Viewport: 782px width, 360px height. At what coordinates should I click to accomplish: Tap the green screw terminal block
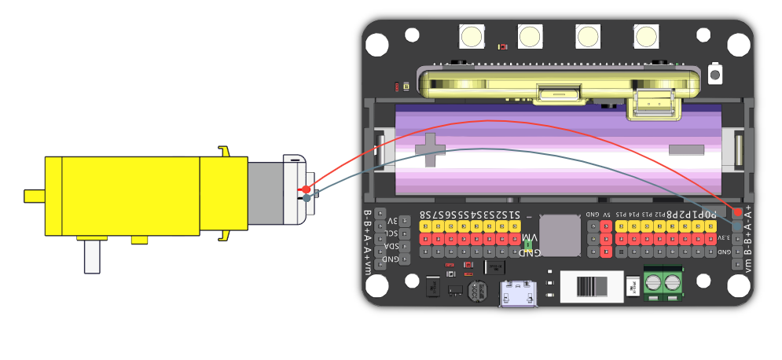pos(662,284)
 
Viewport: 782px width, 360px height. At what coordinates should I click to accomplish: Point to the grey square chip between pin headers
pos(560,235)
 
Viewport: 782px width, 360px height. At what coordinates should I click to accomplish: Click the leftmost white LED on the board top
pos(472,37)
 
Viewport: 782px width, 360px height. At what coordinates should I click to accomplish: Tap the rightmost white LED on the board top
pos(645,37)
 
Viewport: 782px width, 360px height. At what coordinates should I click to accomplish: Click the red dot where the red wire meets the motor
pos(306,189)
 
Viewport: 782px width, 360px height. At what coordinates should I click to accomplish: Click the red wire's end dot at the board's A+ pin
pos(737,212)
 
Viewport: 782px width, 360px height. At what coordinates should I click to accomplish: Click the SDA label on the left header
pos(391,246)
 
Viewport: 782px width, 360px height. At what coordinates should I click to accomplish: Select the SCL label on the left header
pos(391,233)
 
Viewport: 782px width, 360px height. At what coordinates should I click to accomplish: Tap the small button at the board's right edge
pos(715,75)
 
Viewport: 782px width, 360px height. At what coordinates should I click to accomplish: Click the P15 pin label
pos(621,214)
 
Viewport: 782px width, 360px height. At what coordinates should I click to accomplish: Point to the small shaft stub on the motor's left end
pos(34,194)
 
